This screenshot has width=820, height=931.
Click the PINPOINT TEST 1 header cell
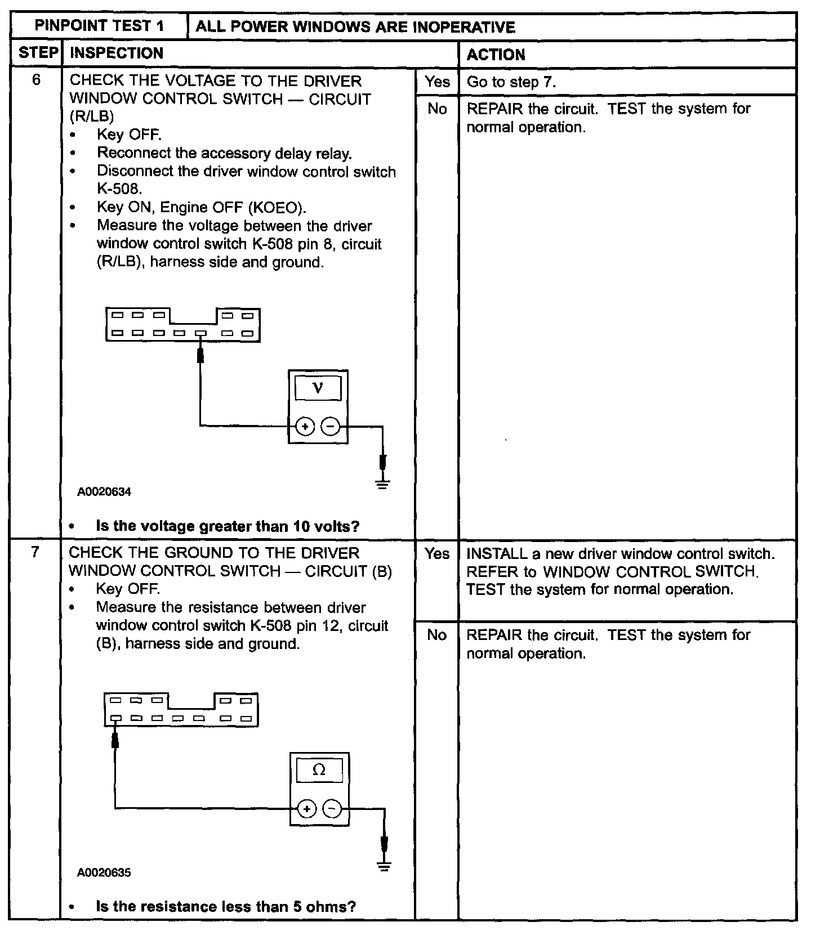click(99, 26)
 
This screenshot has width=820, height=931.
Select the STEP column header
click(38, 53)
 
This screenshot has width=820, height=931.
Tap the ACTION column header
click(496, 55)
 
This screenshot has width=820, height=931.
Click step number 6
click(36, 80)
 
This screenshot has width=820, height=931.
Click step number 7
click(35, 552)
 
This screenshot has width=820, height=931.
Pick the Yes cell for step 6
click(437, 82)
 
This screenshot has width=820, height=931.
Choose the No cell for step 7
click(437, 635)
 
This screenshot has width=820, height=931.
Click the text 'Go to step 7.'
click(511, 82)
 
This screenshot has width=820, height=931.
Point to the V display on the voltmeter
click(318, 387)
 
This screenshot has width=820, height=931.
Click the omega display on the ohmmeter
click(319, 770)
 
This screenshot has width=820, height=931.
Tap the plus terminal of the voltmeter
click(305, 427)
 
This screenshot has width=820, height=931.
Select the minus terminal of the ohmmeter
click(333, 809)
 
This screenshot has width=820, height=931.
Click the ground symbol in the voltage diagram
click(383, 483)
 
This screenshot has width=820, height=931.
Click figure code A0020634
click(104, 491)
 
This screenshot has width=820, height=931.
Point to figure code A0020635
click(104, 872)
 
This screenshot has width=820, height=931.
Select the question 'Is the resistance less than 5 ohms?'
click(226, 906)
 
